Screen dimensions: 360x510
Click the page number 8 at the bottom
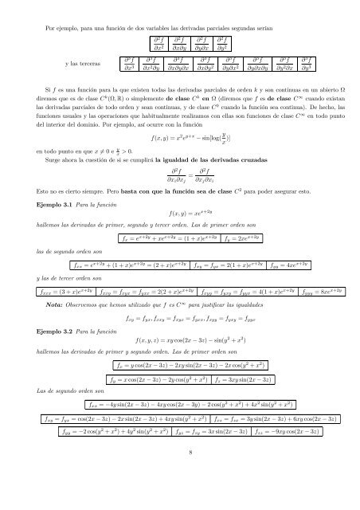tap(180, 494)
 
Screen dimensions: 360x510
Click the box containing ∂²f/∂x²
tap(157, 41)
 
